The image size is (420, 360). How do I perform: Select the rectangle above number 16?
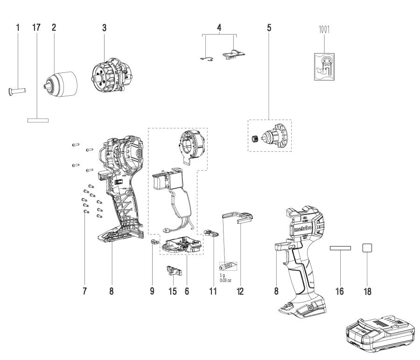339,249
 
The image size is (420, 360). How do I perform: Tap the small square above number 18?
367,248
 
